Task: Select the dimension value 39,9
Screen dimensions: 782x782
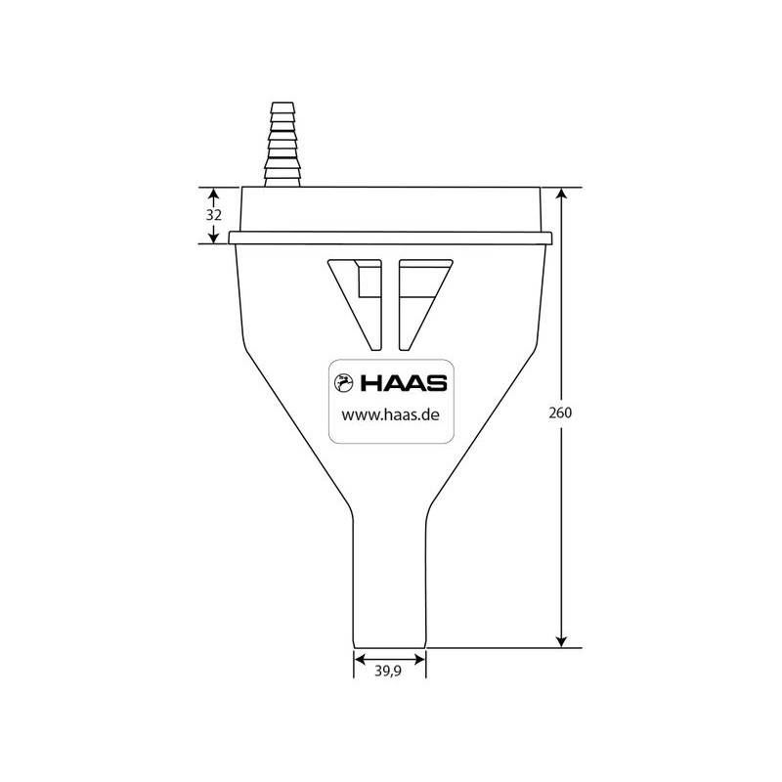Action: tap(390, 671)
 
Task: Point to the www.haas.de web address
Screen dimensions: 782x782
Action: tap(388, 414)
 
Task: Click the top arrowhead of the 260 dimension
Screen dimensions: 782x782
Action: tap(562, 194)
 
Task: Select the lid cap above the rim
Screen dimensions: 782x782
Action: tap(390, 208)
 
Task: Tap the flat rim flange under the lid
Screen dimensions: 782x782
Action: tap(390, 238)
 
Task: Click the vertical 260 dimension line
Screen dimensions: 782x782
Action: tap(562, 528)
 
